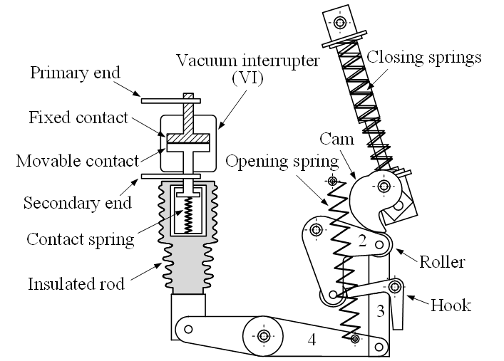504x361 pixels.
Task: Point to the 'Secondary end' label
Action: pos(78,203)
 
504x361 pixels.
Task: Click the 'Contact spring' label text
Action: pos(80,238)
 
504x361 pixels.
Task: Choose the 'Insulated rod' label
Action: pos(76,284)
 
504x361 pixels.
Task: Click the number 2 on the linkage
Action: pos(362,241)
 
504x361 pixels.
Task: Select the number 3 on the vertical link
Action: pos(380,310)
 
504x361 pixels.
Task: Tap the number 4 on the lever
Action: pos(312,340)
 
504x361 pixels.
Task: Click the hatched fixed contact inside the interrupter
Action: pos(185,137)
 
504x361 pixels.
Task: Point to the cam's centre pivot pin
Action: pos(384,187)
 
